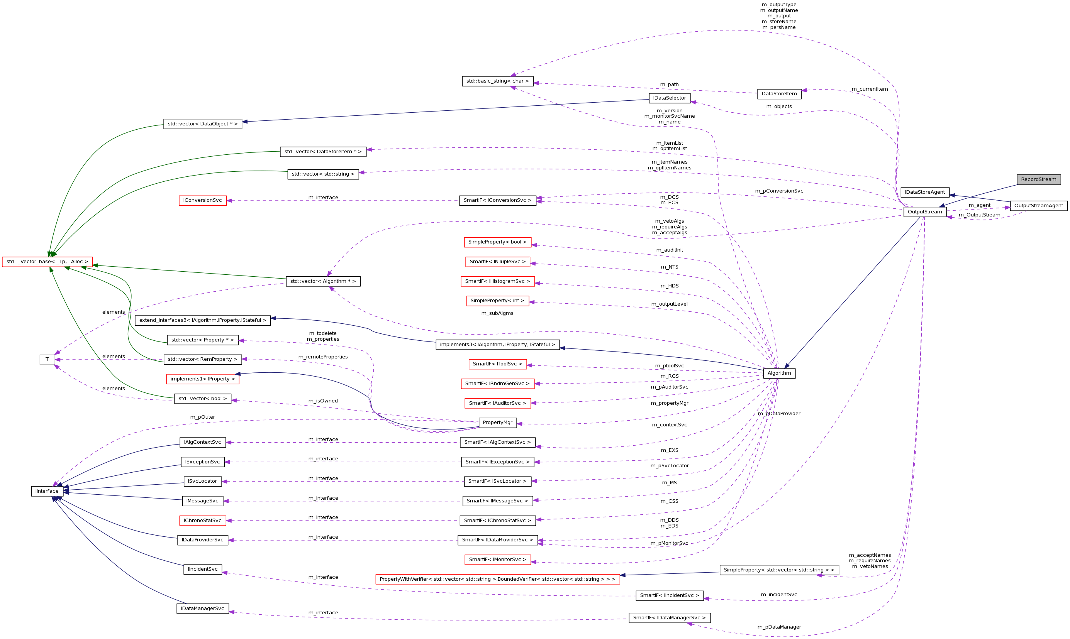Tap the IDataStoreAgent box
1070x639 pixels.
pyautogui.click(x=924, y=193)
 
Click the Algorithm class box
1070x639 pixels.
pyautogui.click(x=779, y=373)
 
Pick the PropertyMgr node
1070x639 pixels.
pyautogui.click(x=497, y=423)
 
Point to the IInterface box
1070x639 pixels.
pyautogui.click(x=47, y=491)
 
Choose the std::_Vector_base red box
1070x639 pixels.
pyautogui.click(x=47, y=262)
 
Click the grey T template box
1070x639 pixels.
pyautogui.click(x=47, y=360)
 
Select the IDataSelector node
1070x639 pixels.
pyautogui.click(x=670, y=98)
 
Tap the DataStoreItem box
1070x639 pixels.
pyautogui.click(x=779, y=94)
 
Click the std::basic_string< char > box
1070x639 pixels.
pyautogui.click(x=497, y=81)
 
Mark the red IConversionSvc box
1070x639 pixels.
pyautogui.click(x=202, y=201)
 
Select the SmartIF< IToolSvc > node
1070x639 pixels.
pyautogui.click(x=497, y=364)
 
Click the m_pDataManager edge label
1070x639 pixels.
pyautogui.click(x=779, y=627)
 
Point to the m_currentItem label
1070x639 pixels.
pyautogui.click(x=869, y=89)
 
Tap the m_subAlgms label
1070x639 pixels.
pyautogui.click(x=497, y=313)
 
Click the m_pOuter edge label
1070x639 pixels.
pyautogui.click(x=202, y=417)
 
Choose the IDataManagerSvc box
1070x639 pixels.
pyautogui.click(x=202, y=609)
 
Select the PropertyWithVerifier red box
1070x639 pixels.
pyautogui.click(x=497, y=580)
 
